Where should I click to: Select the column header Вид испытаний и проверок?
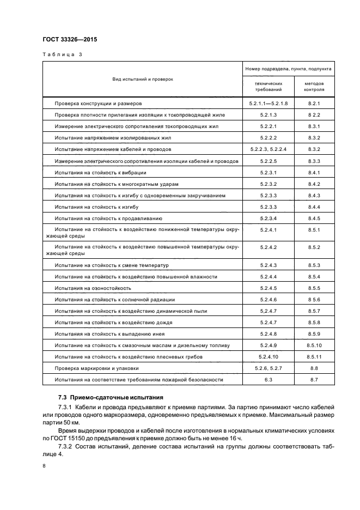pyautogui.click(x=143, y=79)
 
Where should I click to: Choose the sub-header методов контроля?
pyautogui.click(x=314, y=87)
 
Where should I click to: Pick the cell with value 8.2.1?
pyautogui.click(x=314, y=103)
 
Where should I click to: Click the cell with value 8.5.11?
pyautogui.click(x=314, y=356)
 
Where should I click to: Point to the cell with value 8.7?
pyautogui.click(x=314, y=379)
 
